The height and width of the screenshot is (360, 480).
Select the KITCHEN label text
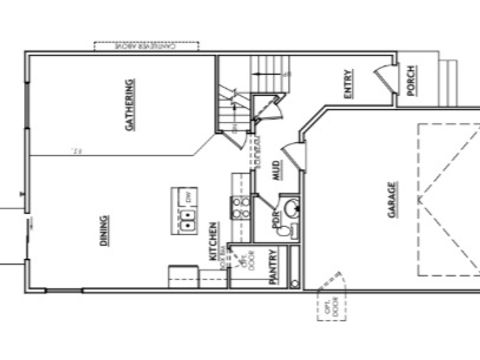pos(213,241)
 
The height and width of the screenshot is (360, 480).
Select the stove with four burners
pos(241,208)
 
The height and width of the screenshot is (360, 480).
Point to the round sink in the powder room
pos(291,207)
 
